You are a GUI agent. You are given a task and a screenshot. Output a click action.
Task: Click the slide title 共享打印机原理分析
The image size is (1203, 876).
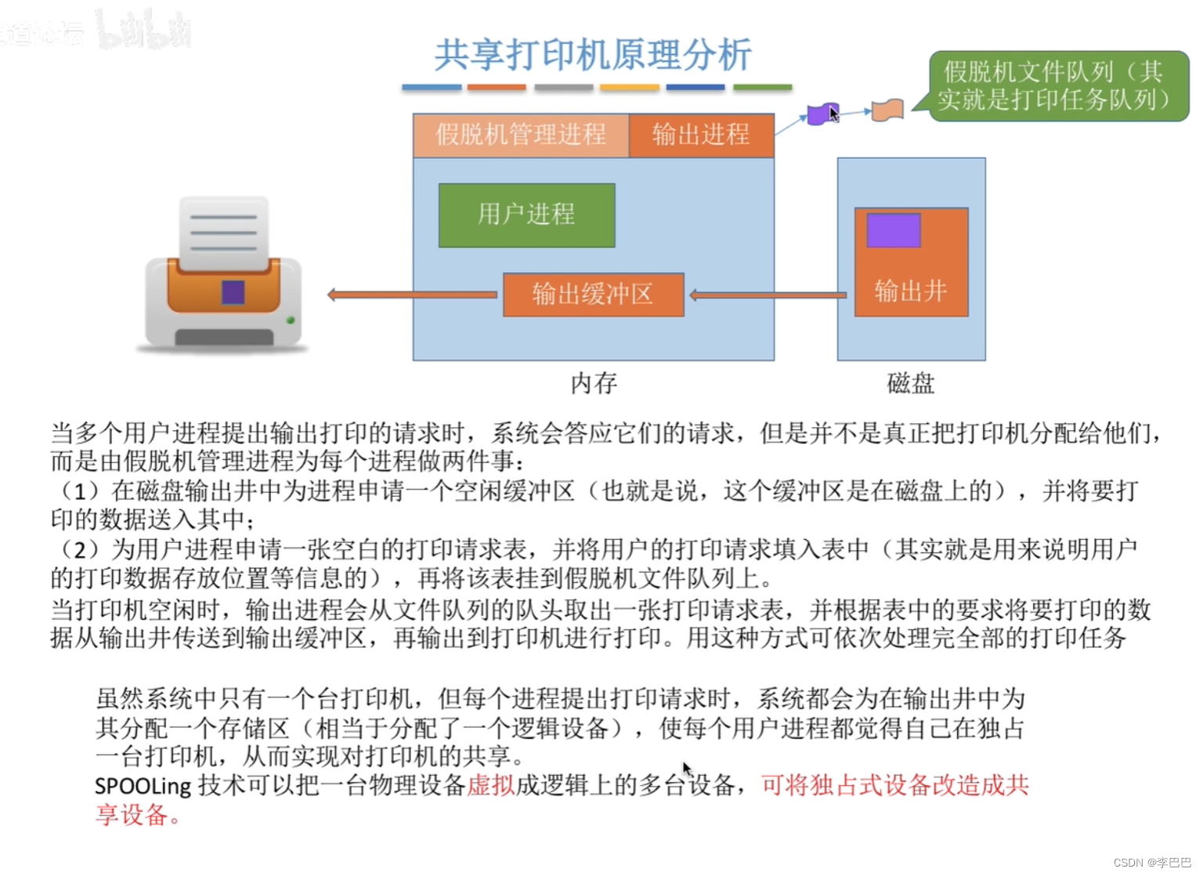[x=593, y=55]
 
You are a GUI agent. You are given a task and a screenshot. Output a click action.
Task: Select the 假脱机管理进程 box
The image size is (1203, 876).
[x=521, y=135]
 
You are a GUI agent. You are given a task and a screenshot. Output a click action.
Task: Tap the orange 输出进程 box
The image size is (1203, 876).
[x=701, y=135]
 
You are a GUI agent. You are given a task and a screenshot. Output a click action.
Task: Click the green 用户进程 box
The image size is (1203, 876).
[x=526, y=215]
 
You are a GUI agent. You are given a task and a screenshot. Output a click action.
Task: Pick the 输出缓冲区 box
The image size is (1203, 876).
[x=593, y=295]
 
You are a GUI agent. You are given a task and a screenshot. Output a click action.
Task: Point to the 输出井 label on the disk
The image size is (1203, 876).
[x=910, y=291]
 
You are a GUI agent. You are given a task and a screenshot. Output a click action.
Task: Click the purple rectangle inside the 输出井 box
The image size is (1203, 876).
[x=893, y=230]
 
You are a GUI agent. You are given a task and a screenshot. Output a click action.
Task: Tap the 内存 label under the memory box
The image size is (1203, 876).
[x=594, y=383]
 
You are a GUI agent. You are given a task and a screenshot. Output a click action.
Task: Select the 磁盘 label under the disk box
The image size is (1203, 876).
[x=910, y=383]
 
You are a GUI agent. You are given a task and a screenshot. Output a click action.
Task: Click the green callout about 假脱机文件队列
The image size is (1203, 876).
[x=1057, y=85]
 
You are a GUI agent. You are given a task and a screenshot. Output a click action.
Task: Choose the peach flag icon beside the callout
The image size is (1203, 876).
[x=887, y=110]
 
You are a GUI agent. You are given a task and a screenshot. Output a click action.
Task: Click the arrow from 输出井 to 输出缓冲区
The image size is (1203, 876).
[x=768, y=295]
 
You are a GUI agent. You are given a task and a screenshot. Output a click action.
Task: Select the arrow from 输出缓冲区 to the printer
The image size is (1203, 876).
[x=412, y=295]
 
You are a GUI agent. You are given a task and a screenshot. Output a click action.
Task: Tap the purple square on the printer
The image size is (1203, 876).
[x=233, y=292]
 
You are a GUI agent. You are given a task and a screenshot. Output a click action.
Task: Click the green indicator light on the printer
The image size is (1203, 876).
[x=291, y=320]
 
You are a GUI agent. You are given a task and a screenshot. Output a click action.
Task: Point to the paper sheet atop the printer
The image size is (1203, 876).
[x=223, y=231]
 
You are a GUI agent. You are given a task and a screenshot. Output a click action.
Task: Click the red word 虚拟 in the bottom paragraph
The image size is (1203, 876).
[x=491, y=785]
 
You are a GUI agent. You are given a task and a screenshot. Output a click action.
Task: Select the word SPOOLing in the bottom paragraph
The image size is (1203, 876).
[x=143, y=786]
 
